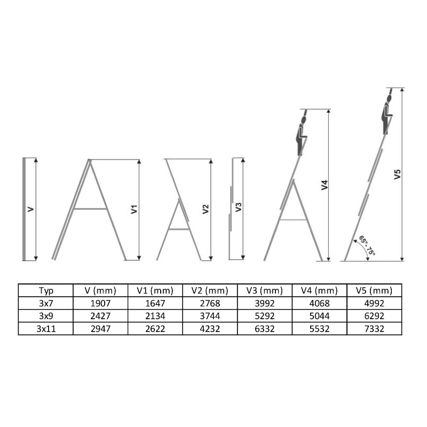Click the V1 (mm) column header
click(155, 290)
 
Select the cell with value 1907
click(100, 303)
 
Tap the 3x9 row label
click(46, 316)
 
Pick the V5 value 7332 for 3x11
click(374, 329)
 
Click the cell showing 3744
click(210, 316)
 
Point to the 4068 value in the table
click(319, 303)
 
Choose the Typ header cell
click(46, 290)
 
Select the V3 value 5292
click(265, 316)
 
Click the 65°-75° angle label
click(367, 246)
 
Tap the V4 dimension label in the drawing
click(325, 185)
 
